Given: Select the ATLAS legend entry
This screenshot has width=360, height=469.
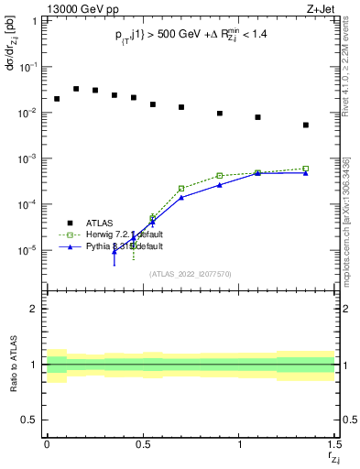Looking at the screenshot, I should pos(102,223).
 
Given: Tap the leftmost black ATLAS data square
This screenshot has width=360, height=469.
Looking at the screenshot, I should pos(57,99).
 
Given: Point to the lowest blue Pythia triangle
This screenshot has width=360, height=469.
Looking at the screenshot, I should pos(115,252).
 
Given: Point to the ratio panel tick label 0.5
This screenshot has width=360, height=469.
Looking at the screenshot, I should pos(30,420).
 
